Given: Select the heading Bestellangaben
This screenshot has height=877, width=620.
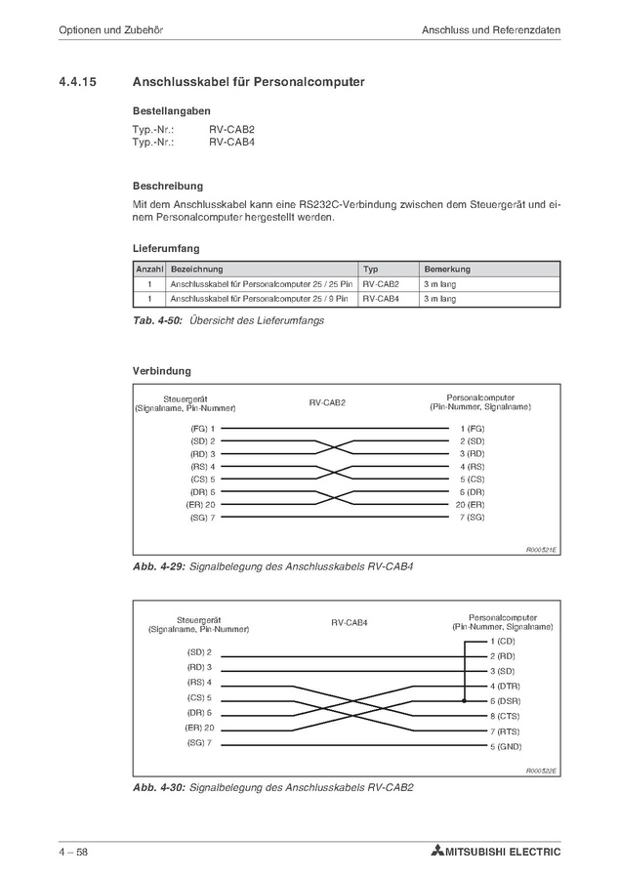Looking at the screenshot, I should [171, 111].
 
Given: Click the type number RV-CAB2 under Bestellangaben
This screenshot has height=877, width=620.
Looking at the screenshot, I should [231, 129].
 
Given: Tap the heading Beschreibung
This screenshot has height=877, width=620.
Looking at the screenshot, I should [167, 186].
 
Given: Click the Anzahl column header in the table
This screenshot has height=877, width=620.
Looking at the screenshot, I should [149, 269].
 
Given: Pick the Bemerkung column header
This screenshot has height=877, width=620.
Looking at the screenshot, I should [447, 269].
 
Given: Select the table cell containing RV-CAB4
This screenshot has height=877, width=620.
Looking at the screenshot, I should [381, 299].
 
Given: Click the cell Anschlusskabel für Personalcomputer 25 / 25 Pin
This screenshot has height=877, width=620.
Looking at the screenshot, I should [261, 283].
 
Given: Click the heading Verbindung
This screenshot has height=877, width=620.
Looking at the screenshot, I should [161, 371].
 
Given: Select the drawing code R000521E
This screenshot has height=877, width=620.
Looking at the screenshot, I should [541, 551].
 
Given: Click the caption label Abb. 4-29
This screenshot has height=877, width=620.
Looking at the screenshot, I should [157, 566].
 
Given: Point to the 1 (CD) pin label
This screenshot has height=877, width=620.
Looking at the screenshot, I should [502, 641].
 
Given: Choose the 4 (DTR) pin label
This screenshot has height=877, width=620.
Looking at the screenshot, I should [504, 687].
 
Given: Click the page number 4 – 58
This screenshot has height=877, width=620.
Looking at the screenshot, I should [73, 852].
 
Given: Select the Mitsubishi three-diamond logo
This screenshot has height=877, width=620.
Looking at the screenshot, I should [435, 852].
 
